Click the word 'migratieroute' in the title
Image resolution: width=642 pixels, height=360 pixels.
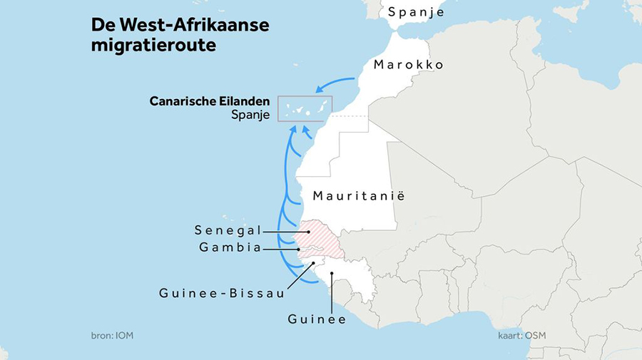(x=153, y=45)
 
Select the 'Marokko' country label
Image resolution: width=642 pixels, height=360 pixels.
(x=409, y=65)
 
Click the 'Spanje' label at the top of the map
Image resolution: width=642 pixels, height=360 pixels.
(x=416, y=12)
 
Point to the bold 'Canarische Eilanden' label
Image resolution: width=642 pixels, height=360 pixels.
(x=210, y=101)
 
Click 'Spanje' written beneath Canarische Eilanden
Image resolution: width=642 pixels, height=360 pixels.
(x=250, y=115)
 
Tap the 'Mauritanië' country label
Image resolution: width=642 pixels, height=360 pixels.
(x=358, y=195)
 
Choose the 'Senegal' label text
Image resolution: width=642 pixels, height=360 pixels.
(x=228, y=230)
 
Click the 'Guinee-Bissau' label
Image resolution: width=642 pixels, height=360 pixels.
(x=222, y=292)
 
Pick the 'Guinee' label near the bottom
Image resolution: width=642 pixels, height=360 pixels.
(x=317, y=319)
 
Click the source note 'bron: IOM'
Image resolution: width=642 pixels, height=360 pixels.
(x=112, y=335)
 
